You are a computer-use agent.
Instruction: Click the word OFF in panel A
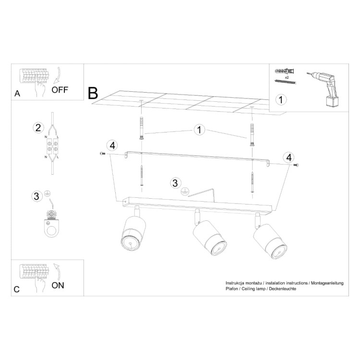60,90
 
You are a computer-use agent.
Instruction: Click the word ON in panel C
58,286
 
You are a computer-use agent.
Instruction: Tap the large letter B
93,93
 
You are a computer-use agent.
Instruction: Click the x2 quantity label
287,77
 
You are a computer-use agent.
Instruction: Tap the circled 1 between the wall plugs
199,130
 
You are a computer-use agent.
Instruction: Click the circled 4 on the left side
112,145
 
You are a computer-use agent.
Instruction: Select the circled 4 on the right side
289,157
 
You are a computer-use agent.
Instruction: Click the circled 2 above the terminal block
38,128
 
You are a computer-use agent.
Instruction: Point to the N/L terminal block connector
52,146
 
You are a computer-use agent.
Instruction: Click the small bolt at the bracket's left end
102,154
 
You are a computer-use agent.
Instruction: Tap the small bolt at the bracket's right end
296,165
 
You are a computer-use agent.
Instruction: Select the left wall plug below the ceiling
142,128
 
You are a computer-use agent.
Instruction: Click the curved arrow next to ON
57,272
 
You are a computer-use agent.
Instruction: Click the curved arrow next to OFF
57,75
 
